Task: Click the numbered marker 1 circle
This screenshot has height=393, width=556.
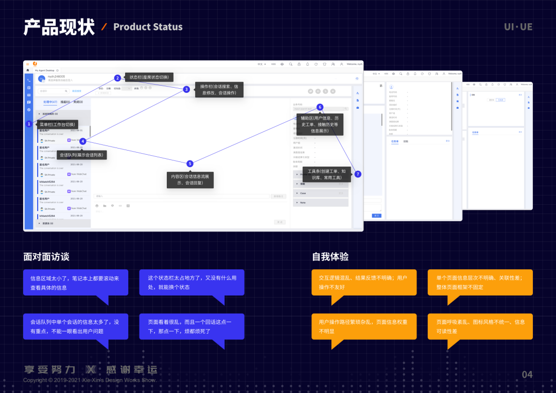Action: click(x=29, y=124)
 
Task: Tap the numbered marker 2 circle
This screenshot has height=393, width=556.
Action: click(x=117, y=78)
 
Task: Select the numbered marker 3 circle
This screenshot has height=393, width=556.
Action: click(x=186, y=89)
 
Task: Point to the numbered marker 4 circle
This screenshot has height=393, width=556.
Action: click(x=83, y=141)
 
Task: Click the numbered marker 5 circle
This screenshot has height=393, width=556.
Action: click(x=190, y=163)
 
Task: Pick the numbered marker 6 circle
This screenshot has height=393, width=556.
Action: click(x=320, y=107)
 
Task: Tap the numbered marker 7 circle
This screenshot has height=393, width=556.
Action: click(x=358, y=174)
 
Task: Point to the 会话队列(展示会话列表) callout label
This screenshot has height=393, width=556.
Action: click(x=81, y=155)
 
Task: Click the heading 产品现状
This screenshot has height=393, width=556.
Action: click(x=59, y=27)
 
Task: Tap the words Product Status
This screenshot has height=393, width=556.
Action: click(x=148, y=27)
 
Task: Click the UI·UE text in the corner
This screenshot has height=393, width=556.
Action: click(x=518, y=27)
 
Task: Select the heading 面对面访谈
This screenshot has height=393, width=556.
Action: click(x=46, y=256)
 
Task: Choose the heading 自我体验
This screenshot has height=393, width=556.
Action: click(x=331, y=256)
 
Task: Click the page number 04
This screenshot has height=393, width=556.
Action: click(x=527, y=374)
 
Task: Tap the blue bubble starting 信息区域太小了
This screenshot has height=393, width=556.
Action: click(x=75, y=282)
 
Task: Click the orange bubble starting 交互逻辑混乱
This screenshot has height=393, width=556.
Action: click(x=363, y=282)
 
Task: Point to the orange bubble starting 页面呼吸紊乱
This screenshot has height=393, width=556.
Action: click(x=480, y=326)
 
